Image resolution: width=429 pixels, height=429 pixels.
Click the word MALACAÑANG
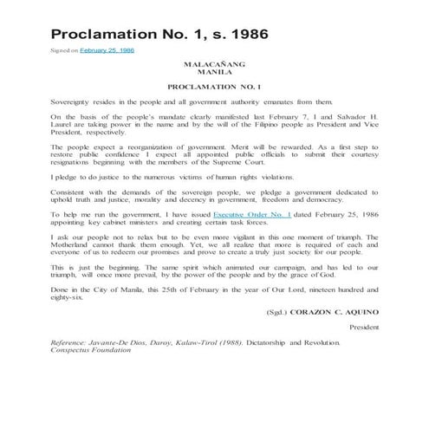(x=215, y=66)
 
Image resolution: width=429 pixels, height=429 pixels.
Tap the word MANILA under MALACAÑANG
(x=215, y=74)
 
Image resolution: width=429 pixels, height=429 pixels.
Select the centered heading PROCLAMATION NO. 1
(x=215, y=88)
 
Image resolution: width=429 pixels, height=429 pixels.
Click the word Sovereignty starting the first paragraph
(x=74, y=101)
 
